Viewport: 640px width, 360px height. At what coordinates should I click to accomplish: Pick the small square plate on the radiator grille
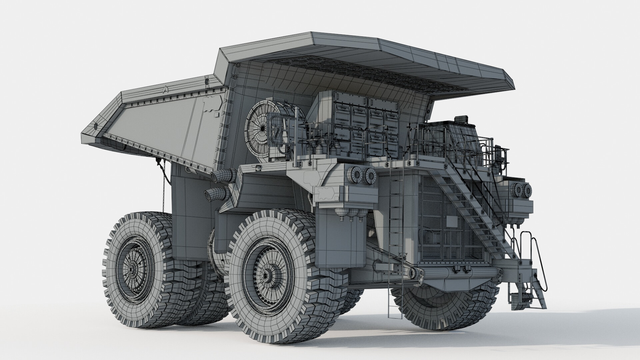tap(452, 222)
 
